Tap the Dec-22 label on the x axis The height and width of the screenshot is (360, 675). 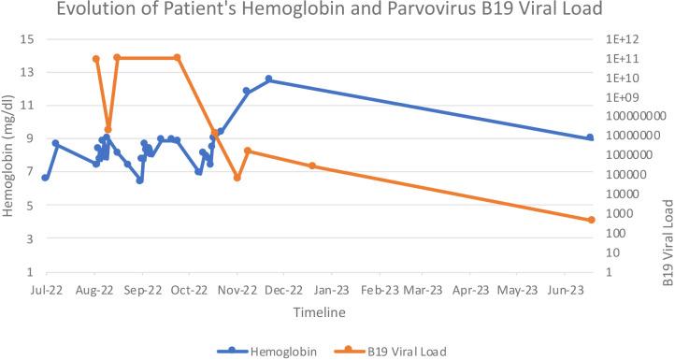pyautogui.click(x=285, y=291)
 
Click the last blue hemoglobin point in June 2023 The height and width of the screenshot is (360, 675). pyautogui.click(x=591, y=137)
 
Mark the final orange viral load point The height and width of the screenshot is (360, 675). pyautogui.click(x=591, y=220)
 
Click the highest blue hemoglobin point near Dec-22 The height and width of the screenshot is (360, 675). pyautogui.click(x=269, y=79)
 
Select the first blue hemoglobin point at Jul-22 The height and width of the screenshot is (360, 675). pyautogui.click(x=45, y=178)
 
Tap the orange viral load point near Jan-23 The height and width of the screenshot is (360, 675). pyautogui.click(x=312, y=166)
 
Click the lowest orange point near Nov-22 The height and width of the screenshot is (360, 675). pyautogui.click(x=237, y=178)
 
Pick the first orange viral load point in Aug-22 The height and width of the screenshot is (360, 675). pyautogui.click(x=96, y=59)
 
